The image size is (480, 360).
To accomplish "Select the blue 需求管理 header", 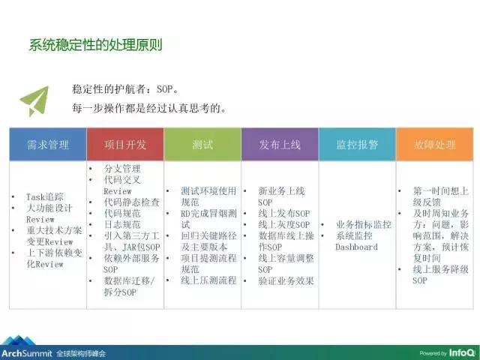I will tap(48, 144).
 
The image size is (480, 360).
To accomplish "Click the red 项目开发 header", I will tap(125, 144).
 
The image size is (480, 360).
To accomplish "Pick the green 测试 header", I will tap(202, 144).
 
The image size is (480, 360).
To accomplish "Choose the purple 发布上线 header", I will tap(280, 144).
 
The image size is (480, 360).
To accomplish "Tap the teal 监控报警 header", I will tap(357, 144).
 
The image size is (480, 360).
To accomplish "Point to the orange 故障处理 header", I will tap(434, 144).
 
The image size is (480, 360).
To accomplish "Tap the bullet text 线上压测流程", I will tap(208, 280).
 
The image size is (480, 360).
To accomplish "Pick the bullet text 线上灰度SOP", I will tap(283, 224).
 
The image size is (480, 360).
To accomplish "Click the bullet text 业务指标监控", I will tap(364, 224).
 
